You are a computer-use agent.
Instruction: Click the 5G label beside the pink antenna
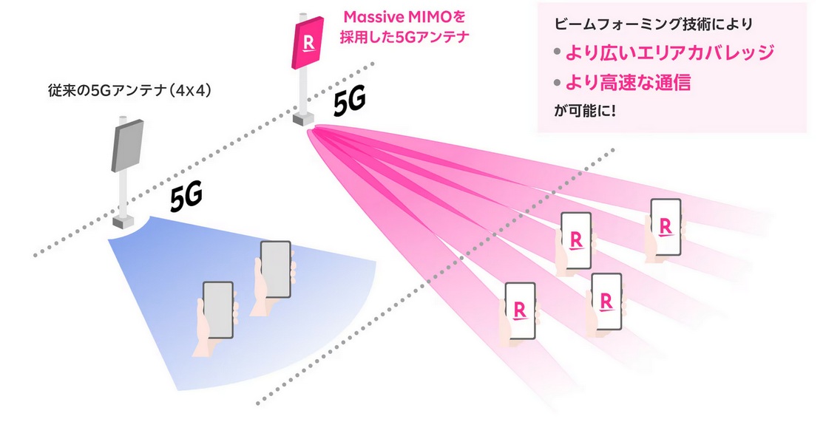(x=350, y=103)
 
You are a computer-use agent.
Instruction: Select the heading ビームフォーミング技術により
(x=653, y=24)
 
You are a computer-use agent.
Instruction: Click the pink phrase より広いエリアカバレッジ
(x=669, y=53)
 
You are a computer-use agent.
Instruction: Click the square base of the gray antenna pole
(x=123, y=220)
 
